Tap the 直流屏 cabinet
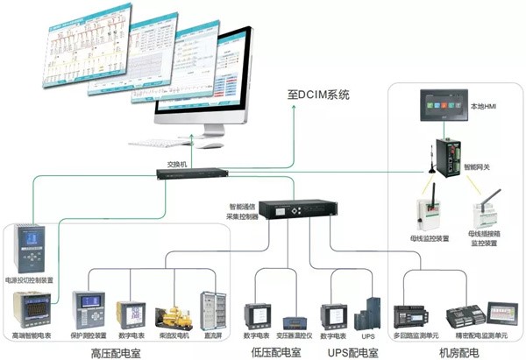click(x=210, y=310)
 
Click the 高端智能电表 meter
click(x=31, y=309)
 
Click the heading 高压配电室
click(x=113, y=352)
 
